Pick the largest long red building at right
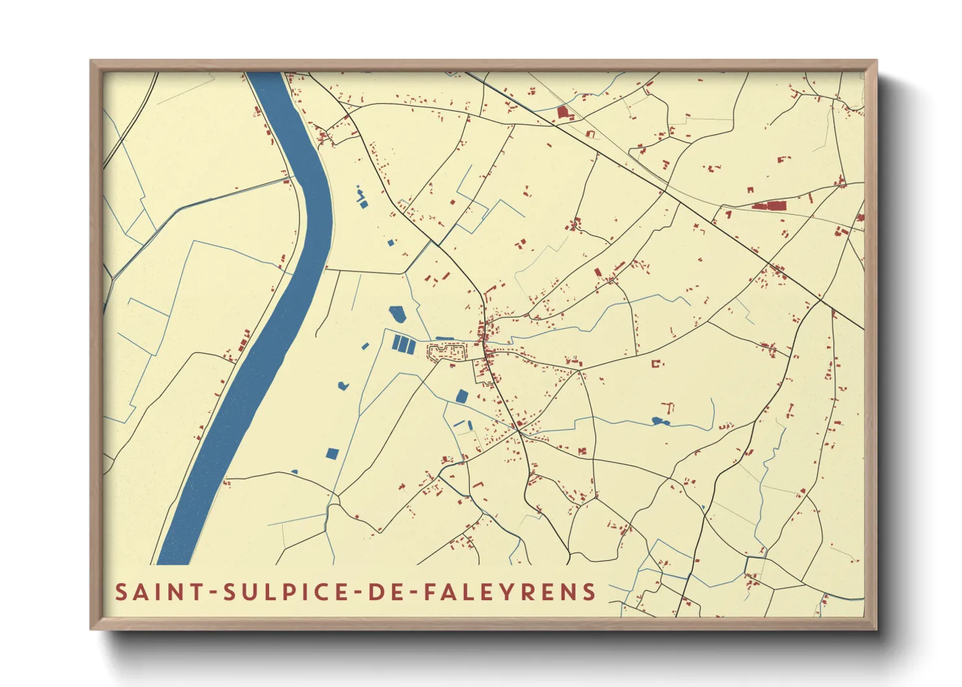pos(770,206)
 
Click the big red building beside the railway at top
pos(563,112)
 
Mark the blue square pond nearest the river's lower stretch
pos(332,453)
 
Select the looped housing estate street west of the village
pos(447,352)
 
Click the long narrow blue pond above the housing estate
pos(445,338)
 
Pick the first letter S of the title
pos(121,592)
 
